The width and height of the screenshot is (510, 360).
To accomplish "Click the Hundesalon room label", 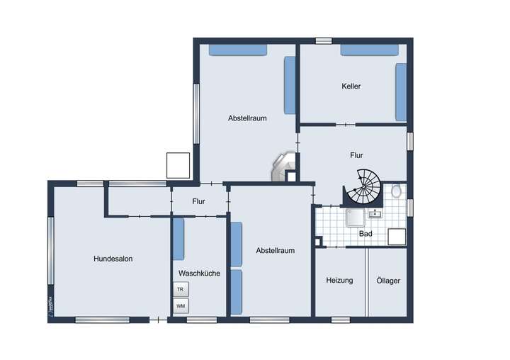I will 113,259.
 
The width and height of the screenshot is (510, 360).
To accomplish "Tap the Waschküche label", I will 199,273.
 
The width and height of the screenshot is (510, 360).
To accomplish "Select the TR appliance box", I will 181,290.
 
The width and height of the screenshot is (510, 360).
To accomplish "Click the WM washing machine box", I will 181,306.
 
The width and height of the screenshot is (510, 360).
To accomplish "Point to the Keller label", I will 351,86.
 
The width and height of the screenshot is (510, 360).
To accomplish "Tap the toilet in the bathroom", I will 397,191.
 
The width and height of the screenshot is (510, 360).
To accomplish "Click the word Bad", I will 365,232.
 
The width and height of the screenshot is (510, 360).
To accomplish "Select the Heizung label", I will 339,281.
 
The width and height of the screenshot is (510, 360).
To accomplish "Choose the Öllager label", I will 388,281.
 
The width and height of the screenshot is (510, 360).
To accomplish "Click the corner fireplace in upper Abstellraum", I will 284,168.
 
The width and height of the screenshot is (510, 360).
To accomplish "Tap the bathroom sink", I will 374,213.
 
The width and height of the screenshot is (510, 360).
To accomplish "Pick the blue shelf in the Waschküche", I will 178,240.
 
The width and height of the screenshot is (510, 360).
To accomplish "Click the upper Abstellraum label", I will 247,118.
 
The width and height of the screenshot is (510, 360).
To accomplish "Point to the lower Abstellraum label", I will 275,250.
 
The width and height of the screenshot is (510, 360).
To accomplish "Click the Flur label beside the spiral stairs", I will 356,154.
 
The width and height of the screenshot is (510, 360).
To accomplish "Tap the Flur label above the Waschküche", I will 198,201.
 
